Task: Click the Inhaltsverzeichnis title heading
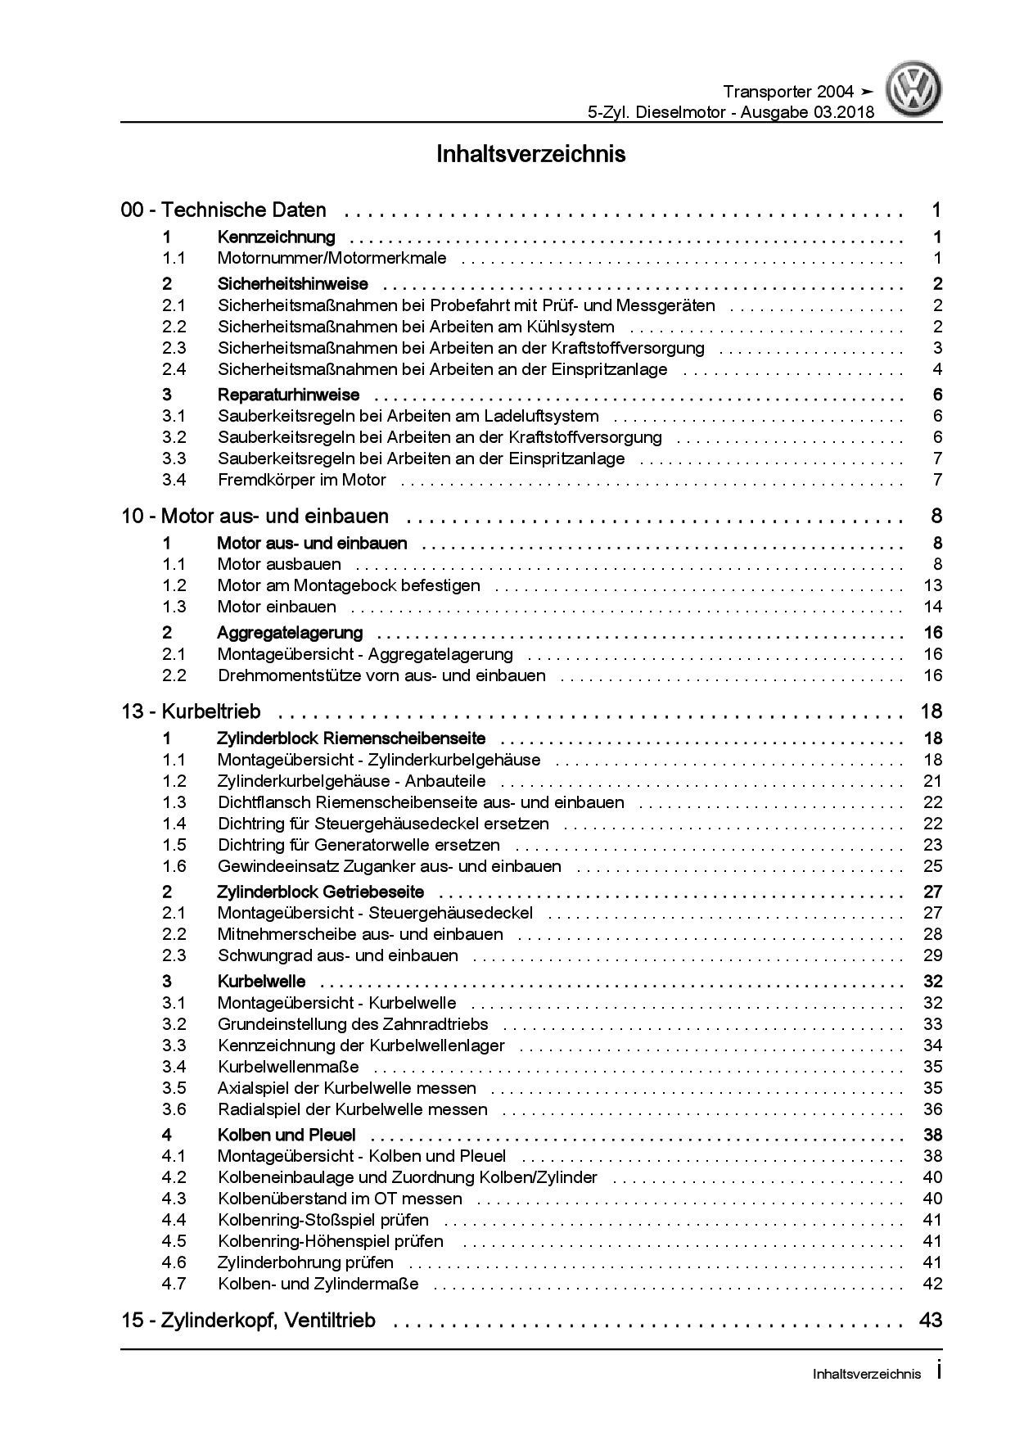click(531, 154)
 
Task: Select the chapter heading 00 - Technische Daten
click(223, 210)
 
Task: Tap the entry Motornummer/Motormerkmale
click(332, 259)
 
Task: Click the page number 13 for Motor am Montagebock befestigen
click(932, 585)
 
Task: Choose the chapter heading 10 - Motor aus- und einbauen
click(255, 517)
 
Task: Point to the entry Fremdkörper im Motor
click(301, 480)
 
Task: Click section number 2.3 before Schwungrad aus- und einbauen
click(174, 955)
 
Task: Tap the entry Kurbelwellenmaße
click(288, 1067)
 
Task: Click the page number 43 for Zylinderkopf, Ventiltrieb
click(931, 1321)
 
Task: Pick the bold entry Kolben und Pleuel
click(286, 1135)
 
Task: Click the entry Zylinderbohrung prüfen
click(305, 1262)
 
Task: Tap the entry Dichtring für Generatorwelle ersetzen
click(359, 845)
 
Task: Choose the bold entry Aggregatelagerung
click(290, 633)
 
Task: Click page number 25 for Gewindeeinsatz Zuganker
click(932, 866)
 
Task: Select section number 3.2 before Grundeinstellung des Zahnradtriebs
click(174, 1024)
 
